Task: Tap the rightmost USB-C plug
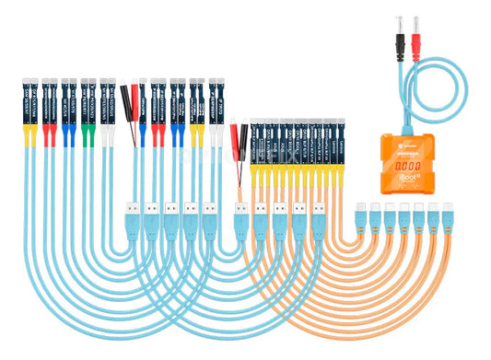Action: tap(448, 215)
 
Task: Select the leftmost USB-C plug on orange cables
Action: tap(361, 215)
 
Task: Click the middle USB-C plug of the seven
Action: tap(404, 215)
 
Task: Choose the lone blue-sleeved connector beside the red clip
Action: tap(143, 101)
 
